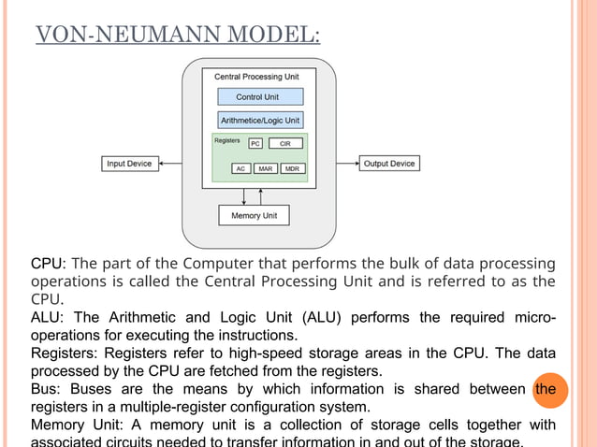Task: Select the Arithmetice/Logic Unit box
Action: point(260,121)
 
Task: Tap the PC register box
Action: point(255,143)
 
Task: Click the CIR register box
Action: point(285,143)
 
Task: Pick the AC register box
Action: point(241,169)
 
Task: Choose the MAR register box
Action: point(266,169)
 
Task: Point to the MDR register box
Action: point(291,169)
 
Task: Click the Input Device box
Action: point(129,164)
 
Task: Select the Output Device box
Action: point(388,164)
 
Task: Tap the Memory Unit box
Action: point(254,216)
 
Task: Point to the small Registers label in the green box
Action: point(227,140)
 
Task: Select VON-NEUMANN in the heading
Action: point(121,36)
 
